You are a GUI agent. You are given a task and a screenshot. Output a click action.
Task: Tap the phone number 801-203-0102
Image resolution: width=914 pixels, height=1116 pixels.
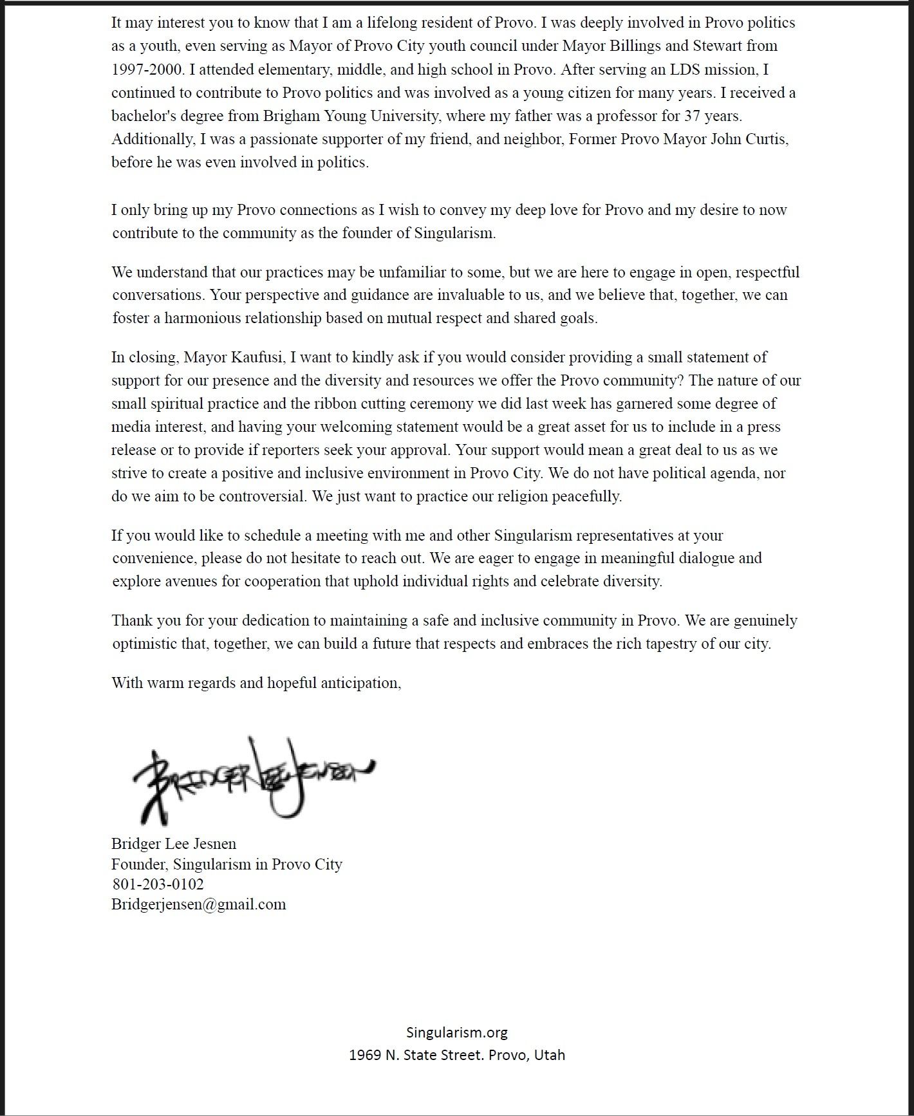click(x=158, y=884)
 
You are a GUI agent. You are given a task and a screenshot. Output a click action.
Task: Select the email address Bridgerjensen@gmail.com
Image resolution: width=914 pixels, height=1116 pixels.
click(x=198, y=904)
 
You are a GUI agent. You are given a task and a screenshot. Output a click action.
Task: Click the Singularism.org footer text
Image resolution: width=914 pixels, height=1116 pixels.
click(x=457, y=1032)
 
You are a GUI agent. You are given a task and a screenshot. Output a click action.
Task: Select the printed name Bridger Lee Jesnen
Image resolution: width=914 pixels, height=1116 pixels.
click(x=174, y=843)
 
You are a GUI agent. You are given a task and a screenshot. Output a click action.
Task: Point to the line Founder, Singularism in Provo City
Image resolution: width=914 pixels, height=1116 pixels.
click(x=227, y=864)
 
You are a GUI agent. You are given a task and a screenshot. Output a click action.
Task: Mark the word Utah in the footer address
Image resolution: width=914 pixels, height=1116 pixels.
click(x=549, y=1055)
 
